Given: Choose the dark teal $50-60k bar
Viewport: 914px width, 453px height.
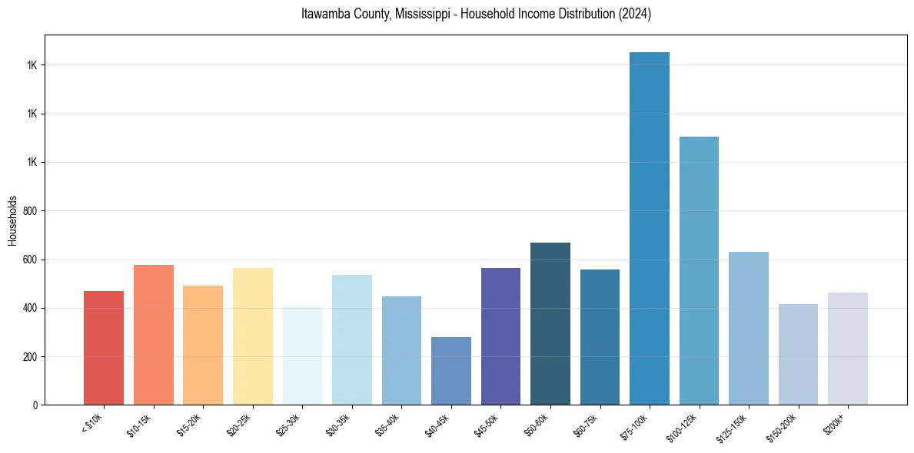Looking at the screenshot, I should click(550, 323).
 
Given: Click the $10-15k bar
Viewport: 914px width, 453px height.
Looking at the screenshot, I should click(154, 335).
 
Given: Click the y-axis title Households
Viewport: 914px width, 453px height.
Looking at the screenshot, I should click(12, 220).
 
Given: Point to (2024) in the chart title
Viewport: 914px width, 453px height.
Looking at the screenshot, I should click(636, 14).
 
